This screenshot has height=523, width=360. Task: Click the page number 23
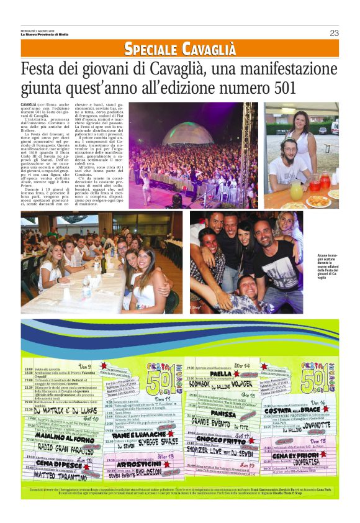coord(334,33)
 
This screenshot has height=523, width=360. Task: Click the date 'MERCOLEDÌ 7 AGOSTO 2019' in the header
coord(37,30)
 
